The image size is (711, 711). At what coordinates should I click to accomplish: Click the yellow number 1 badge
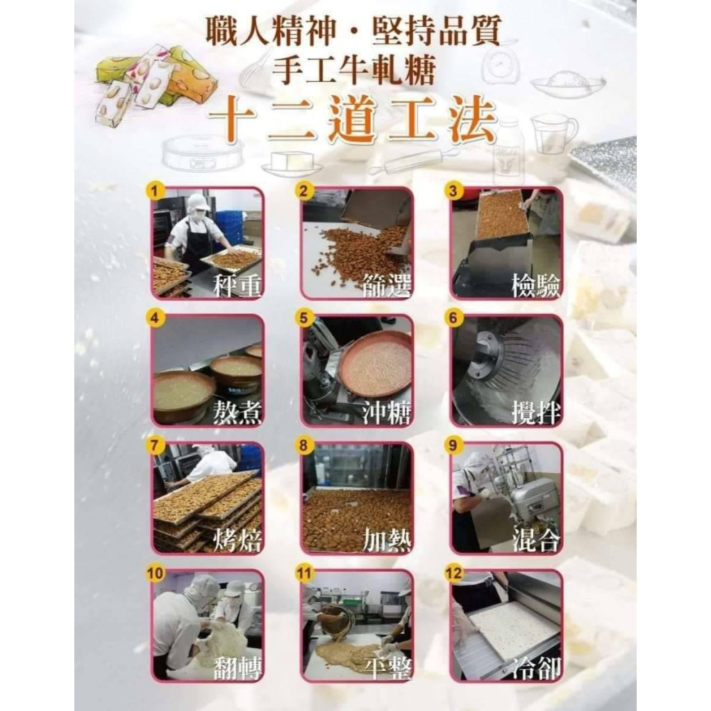(x=155, y=191)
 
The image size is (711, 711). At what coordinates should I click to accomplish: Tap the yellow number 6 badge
(x=453, y=318)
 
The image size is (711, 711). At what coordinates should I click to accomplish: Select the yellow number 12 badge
(x=453, y=573)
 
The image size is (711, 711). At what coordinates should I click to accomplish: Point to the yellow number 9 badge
(x=453, y=445)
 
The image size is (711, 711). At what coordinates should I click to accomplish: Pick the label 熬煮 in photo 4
(x=237, y=412)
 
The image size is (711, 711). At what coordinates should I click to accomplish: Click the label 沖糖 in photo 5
(x=387, y=412)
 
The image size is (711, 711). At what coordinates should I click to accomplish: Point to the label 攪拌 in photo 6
(x=536, y=412)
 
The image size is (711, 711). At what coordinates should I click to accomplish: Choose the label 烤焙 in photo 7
(x=237, y=540)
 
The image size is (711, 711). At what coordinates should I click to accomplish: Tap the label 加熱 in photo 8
(x=387, y=540)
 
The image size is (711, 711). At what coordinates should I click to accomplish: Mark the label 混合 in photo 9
(x=536, y=540)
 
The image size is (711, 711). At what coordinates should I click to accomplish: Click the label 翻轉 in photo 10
(x=237, y=667)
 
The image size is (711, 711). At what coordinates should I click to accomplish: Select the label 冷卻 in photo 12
(x=536, y=667)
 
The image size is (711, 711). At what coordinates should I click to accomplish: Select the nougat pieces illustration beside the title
(x=156, y=84)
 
